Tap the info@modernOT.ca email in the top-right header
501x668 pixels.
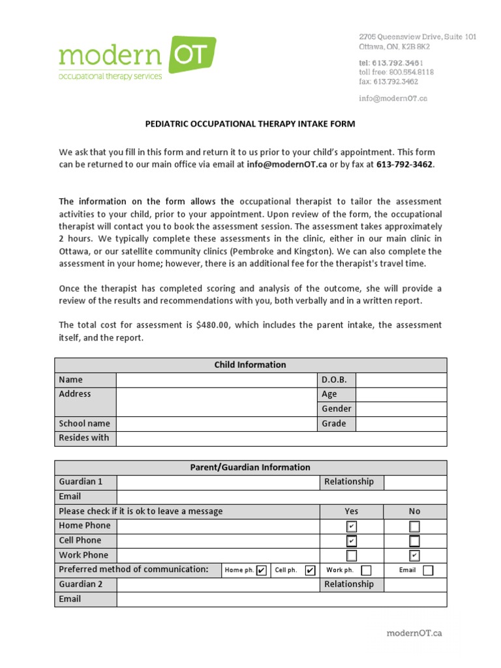(393, 99)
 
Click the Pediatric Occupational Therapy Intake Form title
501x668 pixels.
(250, 124)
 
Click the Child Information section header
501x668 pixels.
(250, 365)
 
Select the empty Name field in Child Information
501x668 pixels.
(216, 380)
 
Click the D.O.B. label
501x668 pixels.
(334, 380)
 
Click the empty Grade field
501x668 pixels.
(401, 423)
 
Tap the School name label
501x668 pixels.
(85, 423)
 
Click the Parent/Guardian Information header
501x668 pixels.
(250, 467)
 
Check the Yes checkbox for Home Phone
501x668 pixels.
(352, 526)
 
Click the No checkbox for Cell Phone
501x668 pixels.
(414, 541)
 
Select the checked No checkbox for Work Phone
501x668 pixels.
(414, 556)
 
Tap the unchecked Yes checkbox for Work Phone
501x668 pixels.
(352, 556)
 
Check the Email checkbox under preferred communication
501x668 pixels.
(428, 570)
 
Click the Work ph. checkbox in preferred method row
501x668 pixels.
(367, 570)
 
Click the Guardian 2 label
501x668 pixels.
(81, 584)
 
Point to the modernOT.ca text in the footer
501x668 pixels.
(414, 633)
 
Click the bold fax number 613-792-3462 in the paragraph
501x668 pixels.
(404, 164)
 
